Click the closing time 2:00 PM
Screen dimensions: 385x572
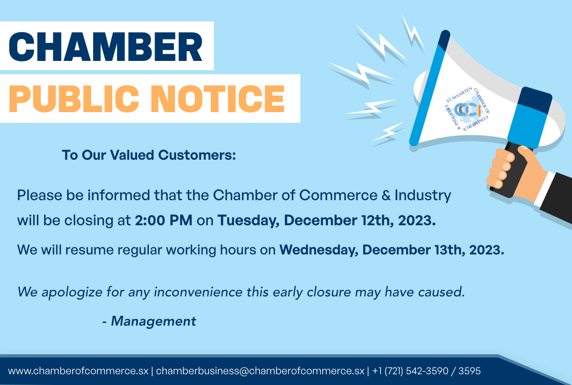pyautogui.click(x=164, y=221)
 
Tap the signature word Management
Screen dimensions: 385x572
pyautogui.click(x=153, y=321)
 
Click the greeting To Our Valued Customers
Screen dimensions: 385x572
pyautogui.click(x=148, y=155)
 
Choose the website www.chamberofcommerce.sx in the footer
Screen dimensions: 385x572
pyautogui.click(x=78, y=371)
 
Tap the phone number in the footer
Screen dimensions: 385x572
pyautogui.click(x=426, y=371)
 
